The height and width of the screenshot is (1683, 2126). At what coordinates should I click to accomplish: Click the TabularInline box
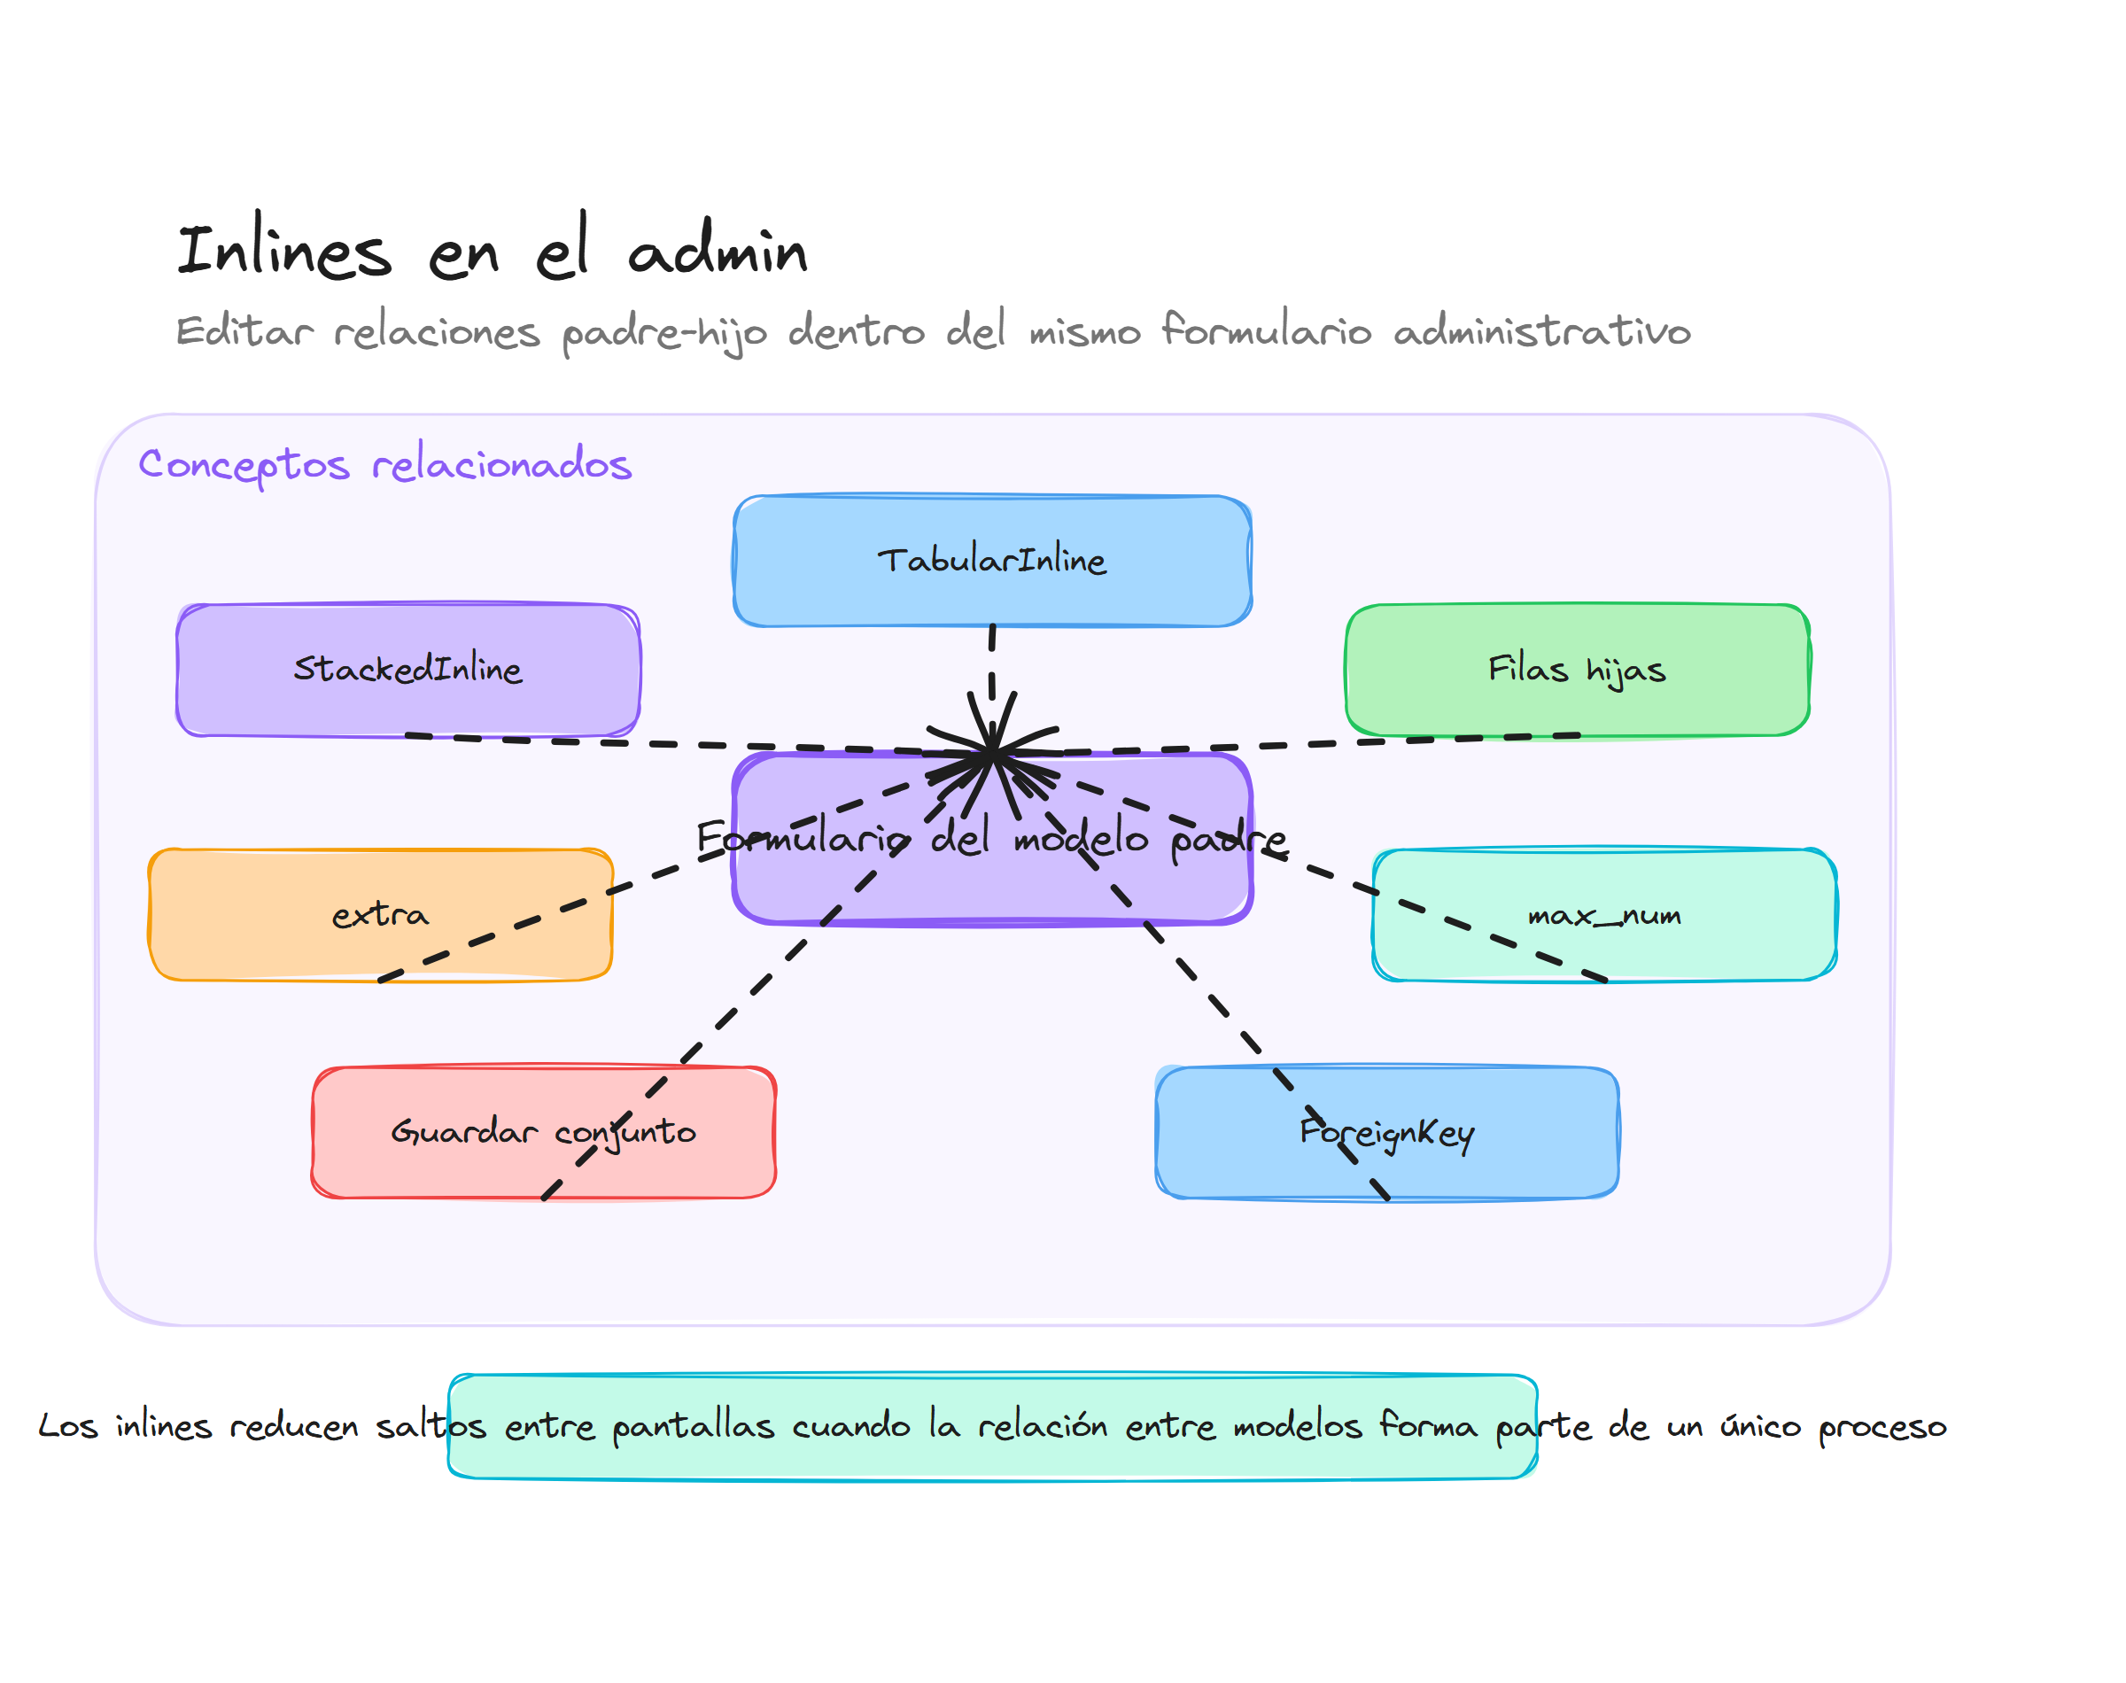(991, 561)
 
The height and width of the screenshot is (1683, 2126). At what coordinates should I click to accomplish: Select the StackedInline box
(407, 669)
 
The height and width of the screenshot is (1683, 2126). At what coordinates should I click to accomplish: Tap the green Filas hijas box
(1576, 669)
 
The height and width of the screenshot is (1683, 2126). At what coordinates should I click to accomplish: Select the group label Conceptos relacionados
(384, 463)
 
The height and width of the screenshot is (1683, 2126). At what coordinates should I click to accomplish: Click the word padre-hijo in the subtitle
(664, 332)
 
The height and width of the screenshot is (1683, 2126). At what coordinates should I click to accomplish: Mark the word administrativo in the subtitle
(1542, 331)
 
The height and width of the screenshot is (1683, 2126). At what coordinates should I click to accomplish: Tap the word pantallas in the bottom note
(693, 1427)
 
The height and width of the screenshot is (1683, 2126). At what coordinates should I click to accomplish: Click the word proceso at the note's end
(1882, 1427)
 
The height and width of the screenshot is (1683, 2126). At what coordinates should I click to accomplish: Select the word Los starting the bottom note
(67, 1426)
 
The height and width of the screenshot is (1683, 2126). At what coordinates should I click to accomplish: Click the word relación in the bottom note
(1042, 1426)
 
